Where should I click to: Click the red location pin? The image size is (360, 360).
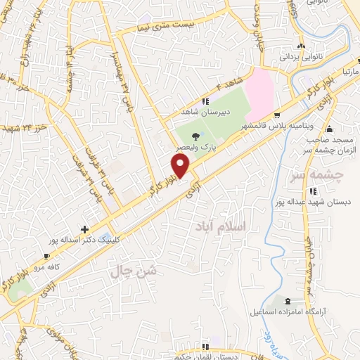181,165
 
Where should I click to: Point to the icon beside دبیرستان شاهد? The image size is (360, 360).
205,101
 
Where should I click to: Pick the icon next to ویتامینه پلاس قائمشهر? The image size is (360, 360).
278,116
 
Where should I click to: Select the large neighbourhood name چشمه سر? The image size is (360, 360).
319,175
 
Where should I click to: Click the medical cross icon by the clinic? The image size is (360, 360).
84,229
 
